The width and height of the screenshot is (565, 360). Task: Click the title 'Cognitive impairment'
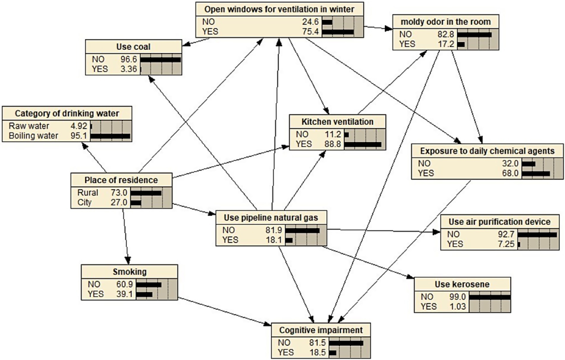(x=321, y=330)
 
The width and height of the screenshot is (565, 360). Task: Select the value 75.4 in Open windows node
(x=310, y=32)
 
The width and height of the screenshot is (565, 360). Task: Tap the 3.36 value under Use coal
(x=129, y=69)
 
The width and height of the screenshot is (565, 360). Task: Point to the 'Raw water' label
(x=29, y=126)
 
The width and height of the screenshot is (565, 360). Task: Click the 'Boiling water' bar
(x=110, y=136)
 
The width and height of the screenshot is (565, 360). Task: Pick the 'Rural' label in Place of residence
(x=88, y=193)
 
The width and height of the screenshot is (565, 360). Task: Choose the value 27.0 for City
(x=119, y=202)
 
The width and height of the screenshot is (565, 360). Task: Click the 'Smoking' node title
(x=130, y=272)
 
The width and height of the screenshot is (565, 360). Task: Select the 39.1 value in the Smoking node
(x=124, y=294)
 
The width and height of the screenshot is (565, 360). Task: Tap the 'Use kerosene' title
(x=462, y=284)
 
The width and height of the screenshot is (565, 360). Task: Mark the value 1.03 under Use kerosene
(x=457, y=306)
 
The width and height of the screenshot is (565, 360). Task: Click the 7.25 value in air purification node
(x=506, y=244)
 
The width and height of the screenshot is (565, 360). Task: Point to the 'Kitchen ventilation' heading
(x=337, y=122)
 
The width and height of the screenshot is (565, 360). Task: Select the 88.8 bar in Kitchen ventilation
(x=363, y=144)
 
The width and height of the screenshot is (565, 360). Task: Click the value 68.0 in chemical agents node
(x=510, y=173)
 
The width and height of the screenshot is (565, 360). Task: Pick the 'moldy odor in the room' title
(x=446, y=22)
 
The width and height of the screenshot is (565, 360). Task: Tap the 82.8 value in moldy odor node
(x=446, y=34)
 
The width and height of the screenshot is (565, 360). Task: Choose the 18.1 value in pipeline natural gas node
(x=273, y=240)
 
